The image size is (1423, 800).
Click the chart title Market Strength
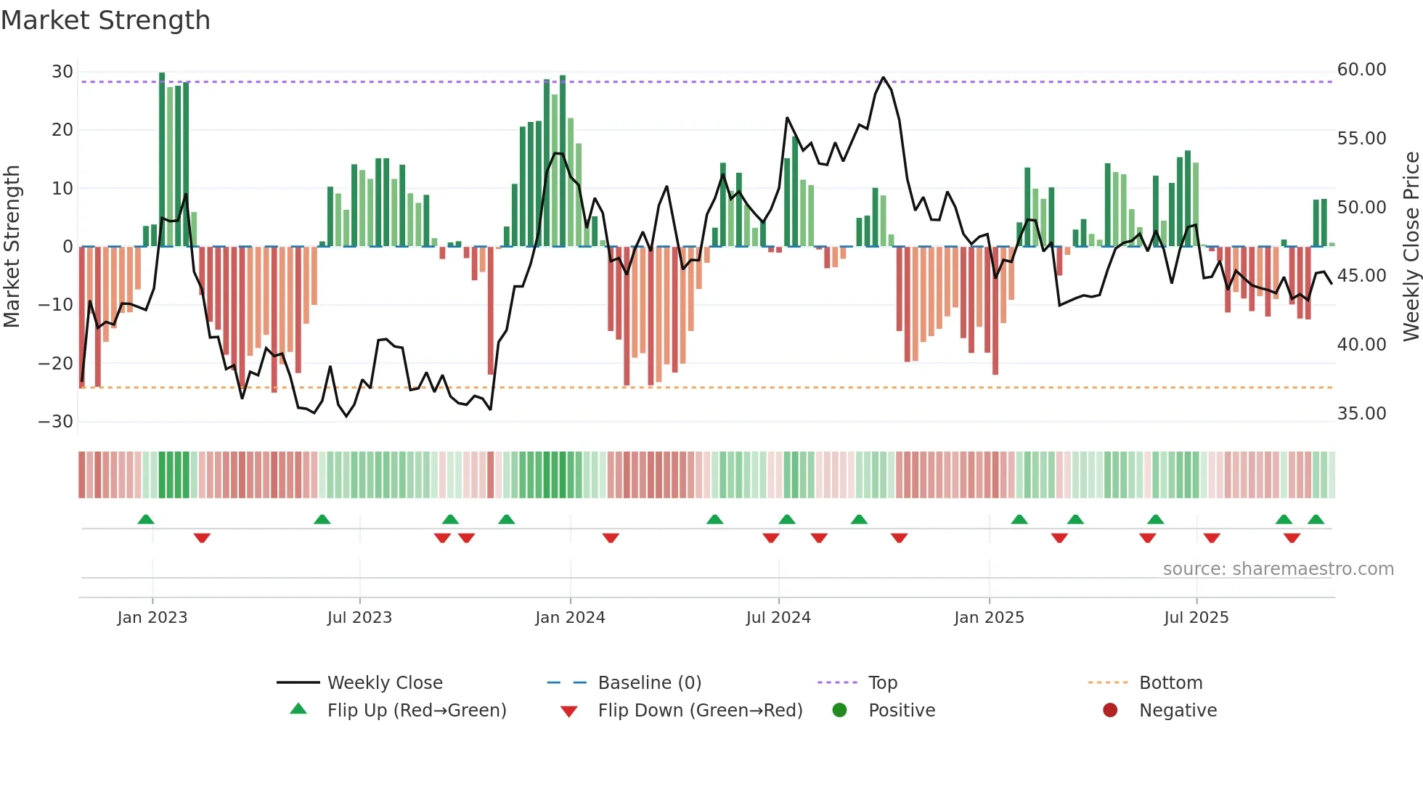point(105,20)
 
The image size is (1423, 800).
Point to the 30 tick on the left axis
point(62,72)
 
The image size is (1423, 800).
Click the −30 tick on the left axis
point(56,422)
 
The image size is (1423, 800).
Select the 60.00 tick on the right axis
point(1361,70)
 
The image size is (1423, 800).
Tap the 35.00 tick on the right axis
point(1361,414)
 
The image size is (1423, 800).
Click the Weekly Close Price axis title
point(1411,246)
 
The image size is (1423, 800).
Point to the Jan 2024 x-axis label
point(570,618)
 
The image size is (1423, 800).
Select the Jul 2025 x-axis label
point(1196,618)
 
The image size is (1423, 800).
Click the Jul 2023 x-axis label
point(359,618)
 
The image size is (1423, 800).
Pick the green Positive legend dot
point(840,711)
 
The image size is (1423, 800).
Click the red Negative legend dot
point(1110,711)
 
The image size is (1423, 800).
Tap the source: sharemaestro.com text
point(1278,569)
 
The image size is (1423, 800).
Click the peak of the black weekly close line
point(883,78)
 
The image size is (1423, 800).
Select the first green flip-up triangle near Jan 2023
point(146,520)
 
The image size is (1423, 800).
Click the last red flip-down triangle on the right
point(1292,538)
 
